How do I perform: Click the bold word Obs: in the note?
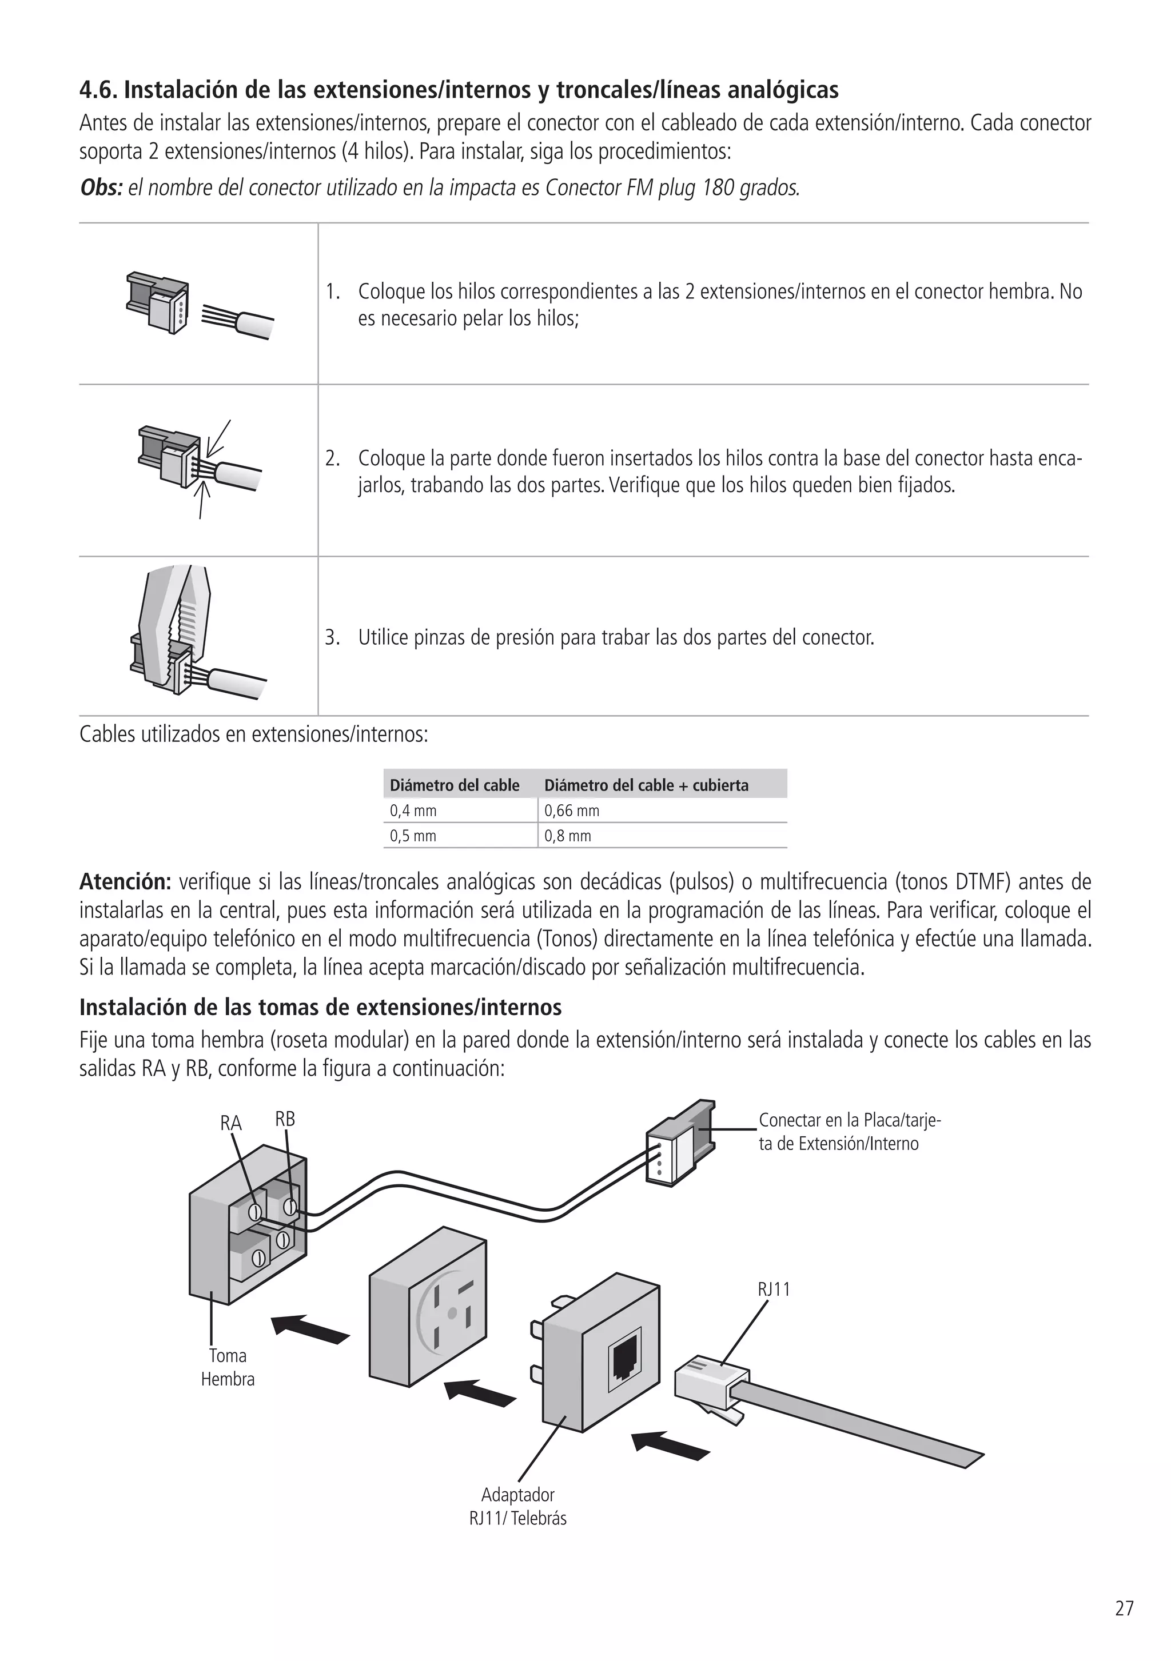point(101,188)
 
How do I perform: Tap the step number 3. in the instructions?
point(332,638)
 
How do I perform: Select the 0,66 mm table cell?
point(572,811)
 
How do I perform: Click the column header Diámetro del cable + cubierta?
point(646,786)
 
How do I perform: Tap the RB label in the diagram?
point(285,1119)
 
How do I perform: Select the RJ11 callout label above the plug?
point(774,1289)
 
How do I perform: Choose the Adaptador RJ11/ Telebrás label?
point(517,1506)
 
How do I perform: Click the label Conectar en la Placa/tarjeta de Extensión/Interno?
point(849,1132)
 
